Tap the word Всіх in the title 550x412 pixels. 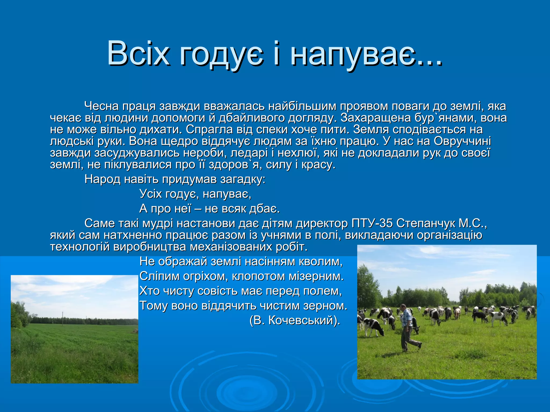138,54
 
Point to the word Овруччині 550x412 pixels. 462,141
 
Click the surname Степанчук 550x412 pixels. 425,223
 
